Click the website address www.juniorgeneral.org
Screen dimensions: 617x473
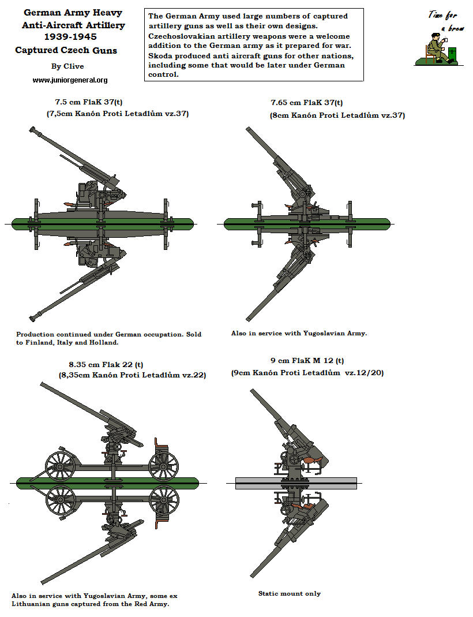pyautogui.click(x=70, y=80)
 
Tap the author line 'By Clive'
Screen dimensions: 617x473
pyautogui.click(x=67, y=66)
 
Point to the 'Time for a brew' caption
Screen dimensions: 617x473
pyautogui.click(x=443, y=20)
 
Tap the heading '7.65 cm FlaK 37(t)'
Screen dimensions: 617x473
pyautogui.click(x=307, y=103)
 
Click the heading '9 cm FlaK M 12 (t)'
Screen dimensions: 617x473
pyautogui.click(x=307, y=361)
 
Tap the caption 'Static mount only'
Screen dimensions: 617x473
pyautogui.click(x=290, y=593)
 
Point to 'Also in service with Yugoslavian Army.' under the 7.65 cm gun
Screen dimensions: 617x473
pyautogui.click(x=299, y=333)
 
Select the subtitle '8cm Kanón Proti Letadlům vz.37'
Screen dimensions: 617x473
pyautogui.click(x=337, y=115)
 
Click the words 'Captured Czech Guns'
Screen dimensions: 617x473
pyautogui.click(x=66, y=51)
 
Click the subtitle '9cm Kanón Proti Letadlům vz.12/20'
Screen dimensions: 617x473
pyautogui.click(x=307, y=373)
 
